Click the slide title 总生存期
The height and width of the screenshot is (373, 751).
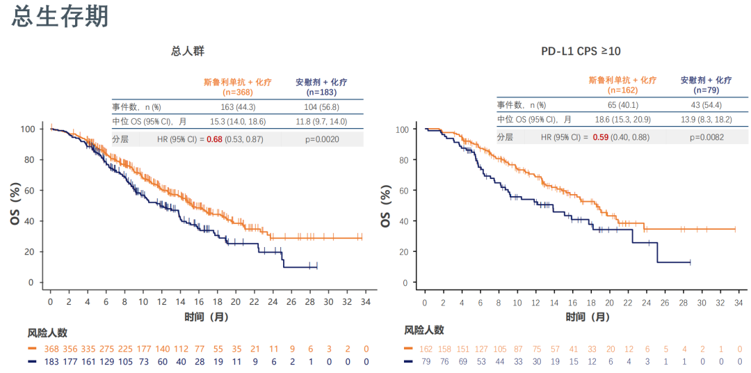tap(60, 17)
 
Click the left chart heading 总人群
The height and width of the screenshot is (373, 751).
tap(188, 51)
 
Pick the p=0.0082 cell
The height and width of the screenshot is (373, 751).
tap(706, 137)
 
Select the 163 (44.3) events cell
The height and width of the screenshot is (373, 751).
tap(237, 107)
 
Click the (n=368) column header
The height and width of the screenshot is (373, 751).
tap(237, 92)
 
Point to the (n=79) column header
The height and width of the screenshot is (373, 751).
tap(706, 90)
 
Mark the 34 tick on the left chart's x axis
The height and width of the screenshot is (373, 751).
tap(366, 301)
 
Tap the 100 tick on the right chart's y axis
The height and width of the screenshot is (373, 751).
tap(401, 129)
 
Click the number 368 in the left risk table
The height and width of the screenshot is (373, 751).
tap(50, 349)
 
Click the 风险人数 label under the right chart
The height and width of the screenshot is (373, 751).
tap(424, 331)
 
